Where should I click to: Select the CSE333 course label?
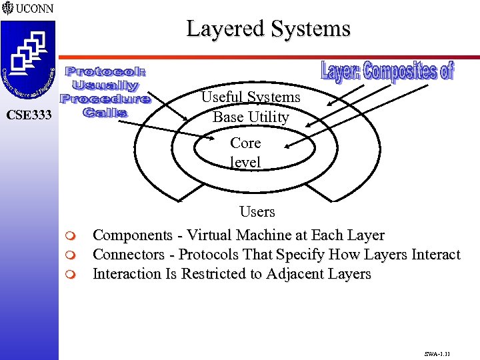pyautogui.click(x=29, y=115)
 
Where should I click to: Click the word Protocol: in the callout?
pyautogui.click(x=106, y=71)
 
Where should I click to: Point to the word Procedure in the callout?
pyautogui.click(x=105, y=99)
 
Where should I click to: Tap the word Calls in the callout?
pyautogui.click(x=105, y=112)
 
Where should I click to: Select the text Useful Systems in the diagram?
pyautogui.click(x=251, y=97)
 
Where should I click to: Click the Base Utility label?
pyautogui.click(x=251, y=117)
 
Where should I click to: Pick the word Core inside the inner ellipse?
pyautogui.click(x=245, y=143)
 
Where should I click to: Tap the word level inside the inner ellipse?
pyautogui.click(x=245, y=162)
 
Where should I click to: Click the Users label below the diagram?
pyautogui.click(x=257, y=212)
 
